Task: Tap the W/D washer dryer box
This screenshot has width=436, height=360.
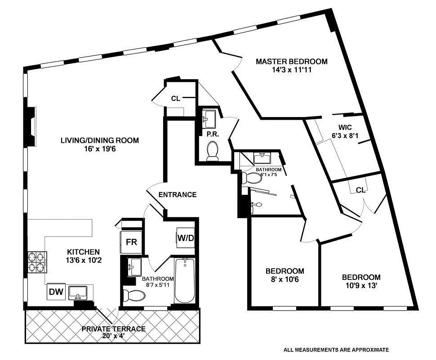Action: click(x=185, y=238)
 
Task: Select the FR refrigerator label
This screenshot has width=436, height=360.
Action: click(x=131, y=242)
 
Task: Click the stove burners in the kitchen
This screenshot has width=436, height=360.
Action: click(x=38, y=262)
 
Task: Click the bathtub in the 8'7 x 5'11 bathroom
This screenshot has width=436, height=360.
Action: click(x=183, y=280)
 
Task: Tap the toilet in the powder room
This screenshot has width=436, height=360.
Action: click(x=212, y=150)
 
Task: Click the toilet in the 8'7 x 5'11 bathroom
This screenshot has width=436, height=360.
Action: click(x=134, y=295)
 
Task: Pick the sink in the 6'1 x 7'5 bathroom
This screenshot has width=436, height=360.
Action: click(x=262, y=158)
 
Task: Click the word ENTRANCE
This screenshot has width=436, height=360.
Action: click(x=178, y=195)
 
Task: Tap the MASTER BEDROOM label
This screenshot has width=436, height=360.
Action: click(x=292, y=62)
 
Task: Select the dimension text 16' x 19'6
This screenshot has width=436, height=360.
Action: click(x=100, y=149)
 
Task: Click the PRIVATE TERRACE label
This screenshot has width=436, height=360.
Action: click(x=113, y=329)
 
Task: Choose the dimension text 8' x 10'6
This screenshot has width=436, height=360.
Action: click(x=285, y=279)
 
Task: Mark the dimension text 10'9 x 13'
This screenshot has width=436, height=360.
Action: click(x=361, y=286)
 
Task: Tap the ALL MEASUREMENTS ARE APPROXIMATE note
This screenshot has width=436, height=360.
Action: click(x=336, y=349)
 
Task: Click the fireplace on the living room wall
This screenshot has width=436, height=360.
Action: click(x=31, y=126)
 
